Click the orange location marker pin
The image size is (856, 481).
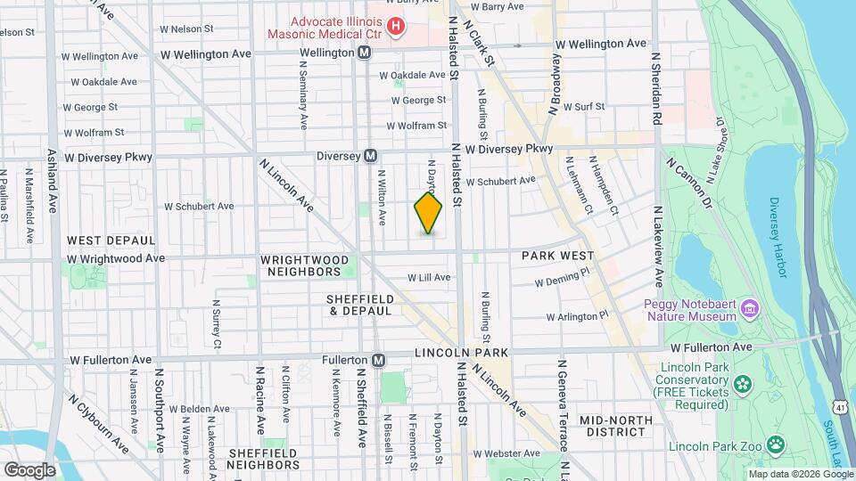428,213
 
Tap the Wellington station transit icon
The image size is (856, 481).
365,53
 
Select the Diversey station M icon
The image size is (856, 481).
370,156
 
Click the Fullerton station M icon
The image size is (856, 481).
379,360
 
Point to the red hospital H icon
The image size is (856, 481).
394,28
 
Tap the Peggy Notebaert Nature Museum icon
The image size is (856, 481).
750,308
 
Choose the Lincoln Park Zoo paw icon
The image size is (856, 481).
778,443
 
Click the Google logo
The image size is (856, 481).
29,469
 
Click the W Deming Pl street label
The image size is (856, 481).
563,281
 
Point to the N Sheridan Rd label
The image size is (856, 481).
656,87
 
